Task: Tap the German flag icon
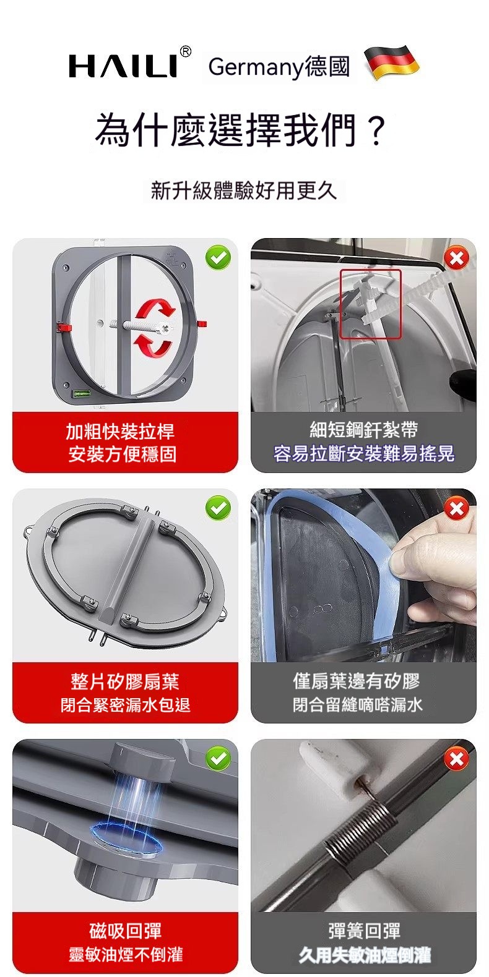[391, 62]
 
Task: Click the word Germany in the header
[256, 67]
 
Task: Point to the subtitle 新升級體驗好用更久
[244, 190]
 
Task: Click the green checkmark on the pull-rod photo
[219, 258]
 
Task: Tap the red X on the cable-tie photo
[457, 258]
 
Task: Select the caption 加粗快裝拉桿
[120, 432]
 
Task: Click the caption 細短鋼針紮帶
[364, 430]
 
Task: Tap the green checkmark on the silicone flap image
[219, 508]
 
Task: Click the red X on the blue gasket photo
[457, 508]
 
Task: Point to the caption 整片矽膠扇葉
[125, 681]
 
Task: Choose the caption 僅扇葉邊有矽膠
[357, 681]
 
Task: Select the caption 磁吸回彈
[126, 931]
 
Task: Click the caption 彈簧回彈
[364, 930]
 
